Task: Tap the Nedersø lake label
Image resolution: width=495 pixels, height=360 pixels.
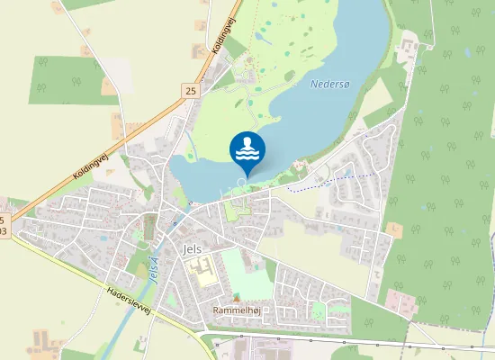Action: (x=328, y=84)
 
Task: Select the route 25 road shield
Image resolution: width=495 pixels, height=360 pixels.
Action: (x=190, y=91)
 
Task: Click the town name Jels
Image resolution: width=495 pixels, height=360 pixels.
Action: (x=193, y=248)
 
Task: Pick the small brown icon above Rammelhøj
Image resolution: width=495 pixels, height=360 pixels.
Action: (x=237, y=298)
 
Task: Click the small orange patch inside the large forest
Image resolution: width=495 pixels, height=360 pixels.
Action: (x=393, y=230)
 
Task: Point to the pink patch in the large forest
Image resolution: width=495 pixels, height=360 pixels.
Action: (x=401, y=301)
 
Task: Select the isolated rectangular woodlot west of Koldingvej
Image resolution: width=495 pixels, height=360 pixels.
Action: (x=64, y=79)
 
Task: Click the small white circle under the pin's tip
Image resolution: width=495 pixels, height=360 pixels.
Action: (x=241, y=182)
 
